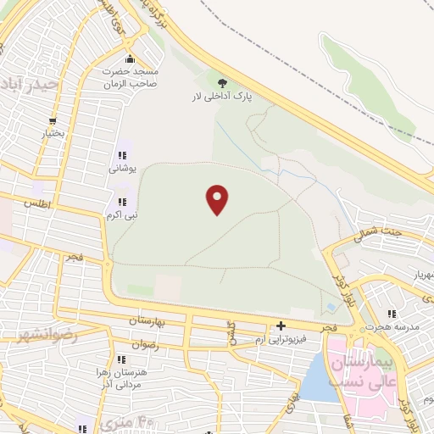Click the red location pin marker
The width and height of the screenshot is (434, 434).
click(218, 200)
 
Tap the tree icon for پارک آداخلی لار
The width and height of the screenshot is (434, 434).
click(223, 83)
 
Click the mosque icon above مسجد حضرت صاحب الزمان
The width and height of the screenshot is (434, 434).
click(129, 59)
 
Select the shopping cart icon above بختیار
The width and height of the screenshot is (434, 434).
click(53, 121)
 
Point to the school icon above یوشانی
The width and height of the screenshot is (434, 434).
click(122, 155)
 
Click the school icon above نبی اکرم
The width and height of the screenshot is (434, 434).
click(122, 202)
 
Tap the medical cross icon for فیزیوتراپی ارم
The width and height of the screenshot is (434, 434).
click(281, 325)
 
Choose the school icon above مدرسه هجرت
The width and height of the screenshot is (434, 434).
click(391, 314)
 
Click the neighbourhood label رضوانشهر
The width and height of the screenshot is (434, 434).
click(47, 336)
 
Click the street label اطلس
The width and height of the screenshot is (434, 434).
click(37, 204)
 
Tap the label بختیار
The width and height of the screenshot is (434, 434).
click(54, 135)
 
